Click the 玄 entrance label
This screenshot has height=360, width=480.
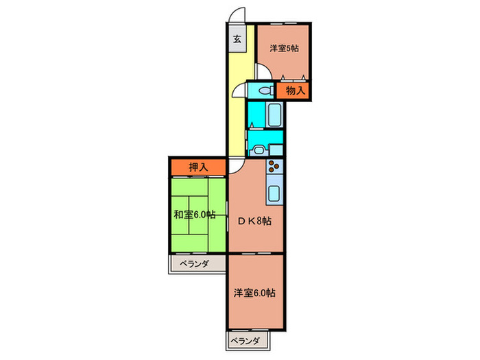(x=236, y=38)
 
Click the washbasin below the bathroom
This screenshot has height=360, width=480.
(x=259, y=149)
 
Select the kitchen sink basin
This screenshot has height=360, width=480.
(x=274, y=193)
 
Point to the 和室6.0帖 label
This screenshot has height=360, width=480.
(x=194, y=215)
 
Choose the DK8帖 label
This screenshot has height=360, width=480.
(x=254, y=221)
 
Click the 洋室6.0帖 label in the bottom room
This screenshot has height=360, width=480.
(x=254, y=293)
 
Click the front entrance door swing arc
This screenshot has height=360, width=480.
(x=237, y=15)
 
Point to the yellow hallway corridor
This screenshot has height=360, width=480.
(x=236, y=103)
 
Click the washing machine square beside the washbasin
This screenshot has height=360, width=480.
(x=276, y=149)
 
